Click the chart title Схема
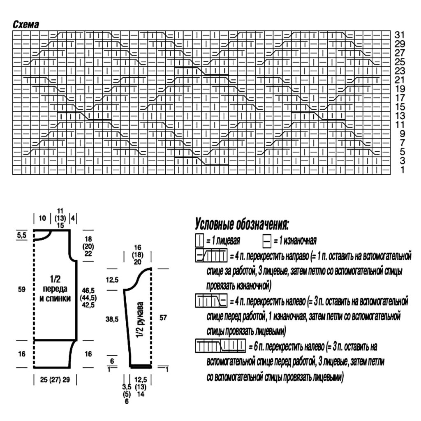tap(26, 24)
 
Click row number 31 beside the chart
tap(400, 35)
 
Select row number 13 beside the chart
tap(400, 116)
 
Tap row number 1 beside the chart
tap(402, 170)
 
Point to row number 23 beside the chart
tap(400, 71)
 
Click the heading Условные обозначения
tap(242, 224)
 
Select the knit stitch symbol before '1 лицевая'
tap(199, 241)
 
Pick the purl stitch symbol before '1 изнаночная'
tap(266, 241)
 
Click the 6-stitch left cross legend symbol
tap(220, 346)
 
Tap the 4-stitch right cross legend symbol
tap(211, 255)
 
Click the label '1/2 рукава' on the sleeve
tap(140, 320)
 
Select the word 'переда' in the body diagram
tap(55, 289)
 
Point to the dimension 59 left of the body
tap(22, 289)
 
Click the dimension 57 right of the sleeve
tap(163, 318)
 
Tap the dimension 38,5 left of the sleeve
tap(112, 319)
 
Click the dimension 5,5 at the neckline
tap(22, 236)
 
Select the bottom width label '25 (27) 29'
tap(55, 379)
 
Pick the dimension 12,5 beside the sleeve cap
tap(112, 280)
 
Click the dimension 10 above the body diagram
tap(42, 218)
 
